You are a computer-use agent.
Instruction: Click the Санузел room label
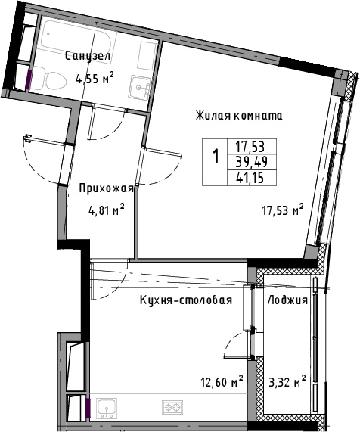[88, 56]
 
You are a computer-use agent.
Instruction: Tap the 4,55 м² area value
[95, 79]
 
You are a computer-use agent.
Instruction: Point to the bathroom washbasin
[140, 87]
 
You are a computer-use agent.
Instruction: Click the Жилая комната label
[239, 116]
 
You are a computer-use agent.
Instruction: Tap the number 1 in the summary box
[216, 156]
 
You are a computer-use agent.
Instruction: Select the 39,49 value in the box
[252, 162]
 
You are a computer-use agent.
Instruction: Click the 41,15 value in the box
[250, 178]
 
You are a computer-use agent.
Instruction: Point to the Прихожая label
[107, 189]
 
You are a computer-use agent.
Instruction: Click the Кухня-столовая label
[186, 300]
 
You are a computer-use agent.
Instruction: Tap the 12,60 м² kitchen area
[222, 381]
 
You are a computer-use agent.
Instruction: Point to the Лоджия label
[287, 300]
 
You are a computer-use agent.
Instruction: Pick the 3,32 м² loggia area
[287, 381]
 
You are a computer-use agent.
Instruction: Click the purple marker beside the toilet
[29, 79]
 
